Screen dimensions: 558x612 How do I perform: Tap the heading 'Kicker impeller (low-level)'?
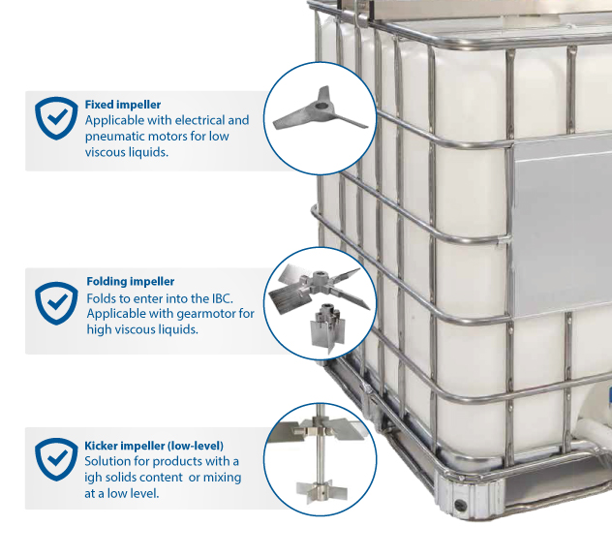click(x=159, y=446)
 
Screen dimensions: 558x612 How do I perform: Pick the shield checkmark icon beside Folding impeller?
click(x=55, y=302)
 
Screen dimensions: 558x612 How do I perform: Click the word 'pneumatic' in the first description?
click(x=118, y=137)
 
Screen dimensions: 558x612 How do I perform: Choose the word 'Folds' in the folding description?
click(x=103, y=297)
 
